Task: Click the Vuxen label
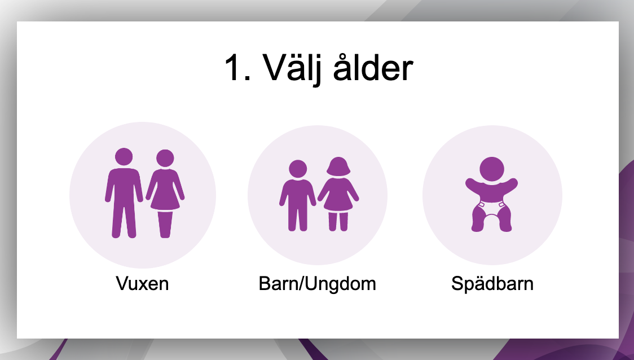[x=142, y=284]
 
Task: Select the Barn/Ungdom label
[x=318, y=284]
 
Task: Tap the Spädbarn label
[x=492, y=284]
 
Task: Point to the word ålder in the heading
[x=373, y=67]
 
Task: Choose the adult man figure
[x=124, y=193]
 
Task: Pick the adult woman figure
[x=165, y=194]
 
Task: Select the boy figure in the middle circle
[x=298, y=196]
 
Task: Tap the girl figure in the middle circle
[x=338, y=194]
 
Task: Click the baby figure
[x=492, y=194]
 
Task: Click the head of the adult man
[x=124, y=157]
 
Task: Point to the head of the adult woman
[x=165, y=158]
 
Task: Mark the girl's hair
[x=338, y=166]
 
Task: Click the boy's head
[x=298, y=169]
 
